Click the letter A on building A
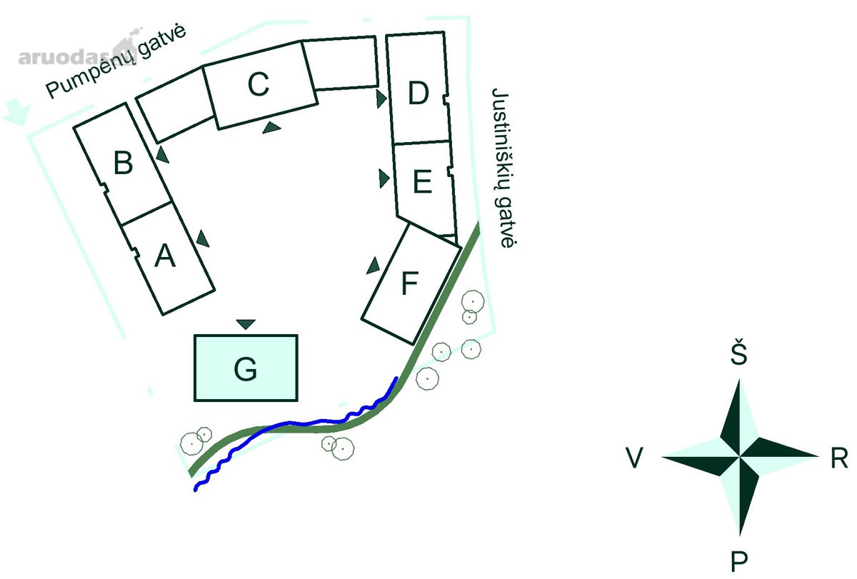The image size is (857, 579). tap(165, 256)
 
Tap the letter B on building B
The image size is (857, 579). tap(123, 163)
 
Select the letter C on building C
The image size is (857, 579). tap(259, 84)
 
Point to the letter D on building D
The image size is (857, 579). tap(419, 93)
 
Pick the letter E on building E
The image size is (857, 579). tap(422, 181)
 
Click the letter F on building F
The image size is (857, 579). tap(410, 283)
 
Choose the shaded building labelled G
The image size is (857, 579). tap(246, 368)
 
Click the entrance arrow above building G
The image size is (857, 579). tap(246, 324)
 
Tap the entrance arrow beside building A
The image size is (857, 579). tap(203, 239)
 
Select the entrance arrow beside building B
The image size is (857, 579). tap(163, 155)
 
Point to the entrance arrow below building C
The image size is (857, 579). tap(271, 128)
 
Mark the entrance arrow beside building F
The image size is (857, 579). tap(373, 266)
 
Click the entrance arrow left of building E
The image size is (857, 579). tap(384, 178)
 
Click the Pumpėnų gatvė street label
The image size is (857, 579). tap(116, 61)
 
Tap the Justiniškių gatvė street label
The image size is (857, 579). tap(504, 168)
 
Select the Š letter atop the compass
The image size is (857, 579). tap(738, 351)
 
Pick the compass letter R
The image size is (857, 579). tap(839, 458)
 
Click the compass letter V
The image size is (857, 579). tap(634, 458)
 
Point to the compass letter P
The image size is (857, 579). tap(738, 561)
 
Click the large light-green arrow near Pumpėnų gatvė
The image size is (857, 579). tap(16, 111)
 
